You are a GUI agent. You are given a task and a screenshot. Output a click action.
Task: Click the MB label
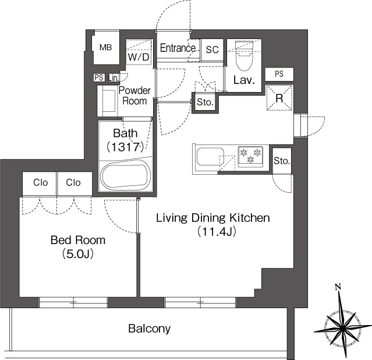point(105,48)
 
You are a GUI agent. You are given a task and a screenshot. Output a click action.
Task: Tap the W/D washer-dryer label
point(139,57)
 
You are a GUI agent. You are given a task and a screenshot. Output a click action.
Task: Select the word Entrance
point(178,48)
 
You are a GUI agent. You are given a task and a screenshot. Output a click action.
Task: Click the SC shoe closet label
point(212,50)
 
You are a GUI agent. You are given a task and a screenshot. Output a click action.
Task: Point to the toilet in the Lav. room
point(245,56)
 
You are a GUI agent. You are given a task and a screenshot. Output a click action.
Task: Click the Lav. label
point(244,80)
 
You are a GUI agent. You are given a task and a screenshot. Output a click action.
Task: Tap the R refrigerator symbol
point(279,98)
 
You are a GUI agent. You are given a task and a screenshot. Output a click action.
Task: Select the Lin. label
point(114,77)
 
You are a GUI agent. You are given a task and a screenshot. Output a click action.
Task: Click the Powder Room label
point(134,96)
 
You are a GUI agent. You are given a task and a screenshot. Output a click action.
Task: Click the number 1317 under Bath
point(126,147)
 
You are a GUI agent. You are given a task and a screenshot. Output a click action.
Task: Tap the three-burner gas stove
point(250,156)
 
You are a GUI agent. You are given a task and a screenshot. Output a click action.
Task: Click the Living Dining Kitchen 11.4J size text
point(217,232)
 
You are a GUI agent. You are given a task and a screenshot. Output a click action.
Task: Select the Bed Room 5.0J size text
point(78,254)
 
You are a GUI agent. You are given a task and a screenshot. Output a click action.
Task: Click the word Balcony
point(150,329)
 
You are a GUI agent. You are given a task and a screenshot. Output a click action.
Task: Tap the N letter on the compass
point(338,287)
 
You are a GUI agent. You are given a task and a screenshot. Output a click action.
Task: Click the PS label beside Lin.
point(99,77)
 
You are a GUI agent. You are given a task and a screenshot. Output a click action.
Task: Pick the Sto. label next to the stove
point(282,161)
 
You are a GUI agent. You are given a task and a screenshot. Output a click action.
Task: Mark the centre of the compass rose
point(342,329)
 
